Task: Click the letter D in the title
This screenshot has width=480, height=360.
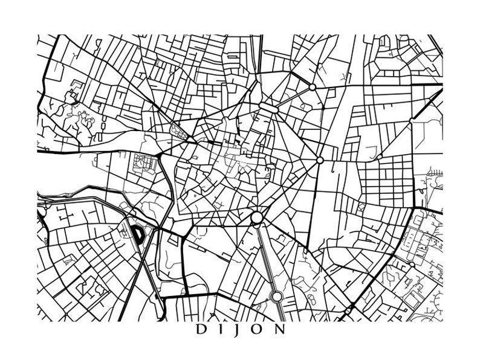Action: [x=201, y=330]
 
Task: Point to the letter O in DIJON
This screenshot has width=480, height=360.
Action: [x=259, y=330]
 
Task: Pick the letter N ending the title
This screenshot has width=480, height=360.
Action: [x=281, y=330]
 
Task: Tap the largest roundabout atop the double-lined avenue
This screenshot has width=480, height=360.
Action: [x=257, y=217]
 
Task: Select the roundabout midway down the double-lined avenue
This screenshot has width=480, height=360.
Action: [x=276, y=296]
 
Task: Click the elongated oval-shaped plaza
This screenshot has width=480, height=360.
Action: [x=268, y=107]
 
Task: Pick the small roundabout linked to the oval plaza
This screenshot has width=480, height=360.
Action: [x=312, y=88]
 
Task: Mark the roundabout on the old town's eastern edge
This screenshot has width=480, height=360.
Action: [x=320, y=160]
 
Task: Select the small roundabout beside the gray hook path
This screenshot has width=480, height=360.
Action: [x=379, y=157]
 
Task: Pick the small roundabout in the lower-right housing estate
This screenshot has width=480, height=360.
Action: [x=410, y=265]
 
